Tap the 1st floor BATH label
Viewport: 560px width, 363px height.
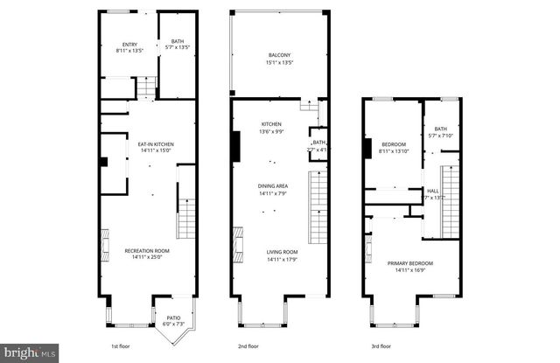point(178,41)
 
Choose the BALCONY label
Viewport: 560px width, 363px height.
point(279,56)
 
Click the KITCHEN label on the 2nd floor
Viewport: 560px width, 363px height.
point(270,125)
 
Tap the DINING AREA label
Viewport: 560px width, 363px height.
point(274,186)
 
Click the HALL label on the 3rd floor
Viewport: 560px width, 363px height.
point(432,192)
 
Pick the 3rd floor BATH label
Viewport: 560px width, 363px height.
point(440,129)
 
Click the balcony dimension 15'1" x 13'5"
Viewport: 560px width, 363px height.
point(279,63)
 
